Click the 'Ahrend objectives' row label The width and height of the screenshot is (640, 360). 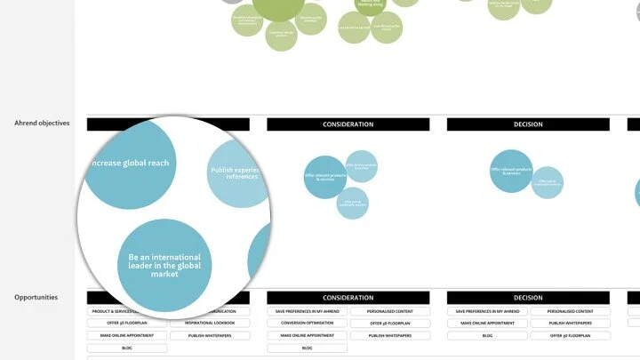click(42, 124)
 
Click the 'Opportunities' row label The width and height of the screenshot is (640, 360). click(36, 297)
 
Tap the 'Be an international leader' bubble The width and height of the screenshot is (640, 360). click(164, 265)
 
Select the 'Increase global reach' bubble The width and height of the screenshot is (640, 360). click(131, 163)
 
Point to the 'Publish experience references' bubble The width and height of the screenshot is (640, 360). click(236, 172)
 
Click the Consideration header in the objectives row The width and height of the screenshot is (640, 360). click(348, 124)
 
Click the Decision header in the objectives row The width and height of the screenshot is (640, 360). click(527, 124)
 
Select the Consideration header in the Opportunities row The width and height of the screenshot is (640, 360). click(348, 298)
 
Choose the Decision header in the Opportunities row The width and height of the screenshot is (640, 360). click(527, 298)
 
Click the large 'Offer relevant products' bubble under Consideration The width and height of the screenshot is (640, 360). click(324, 176)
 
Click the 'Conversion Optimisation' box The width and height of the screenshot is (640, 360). click(306, 324)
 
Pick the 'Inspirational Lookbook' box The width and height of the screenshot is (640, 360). click(212, 324)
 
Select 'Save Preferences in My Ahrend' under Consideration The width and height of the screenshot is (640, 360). click(306, 311)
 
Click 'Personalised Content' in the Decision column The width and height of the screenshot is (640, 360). click(571, 311)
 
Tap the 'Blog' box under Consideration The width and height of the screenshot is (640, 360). click(306, 348)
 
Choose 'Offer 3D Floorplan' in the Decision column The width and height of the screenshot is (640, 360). click(571, 336)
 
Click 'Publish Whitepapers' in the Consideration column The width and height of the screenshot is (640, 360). click(389, 336)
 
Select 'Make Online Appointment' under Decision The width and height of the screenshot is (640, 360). click(486, 324)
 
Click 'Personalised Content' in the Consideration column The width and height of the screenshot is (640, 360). click(389, 311)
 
